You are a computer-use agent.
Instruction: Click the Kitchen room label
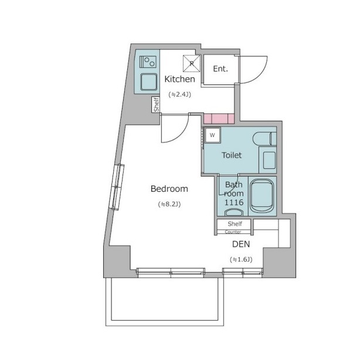tap(179, 79)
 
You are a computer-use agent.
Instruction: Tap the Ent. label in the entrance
tap(220, 69)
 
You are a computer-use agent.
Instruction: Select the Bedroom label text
tap(169, 189)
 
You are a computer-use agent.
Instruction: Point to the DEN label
tap(241, 244)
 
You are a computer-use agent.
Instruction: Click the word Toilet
tap(232, 155)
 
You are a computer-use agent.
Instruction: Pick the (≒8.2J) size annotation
tap(169, 204)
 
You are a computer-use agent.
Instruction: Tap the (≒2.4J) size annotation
tap(180, 94)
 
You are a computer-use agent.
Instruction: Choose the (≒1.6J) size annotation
tap(241, 260)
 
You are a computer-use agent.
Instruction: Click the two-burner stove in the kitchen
tap(148, 62)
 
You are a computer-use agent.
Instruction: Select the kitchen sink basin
tap(149, 81)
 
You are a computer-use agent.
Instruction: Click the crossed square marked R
tap(192, 63)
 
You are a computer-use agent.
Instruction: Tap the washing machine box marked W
tap(212, 135)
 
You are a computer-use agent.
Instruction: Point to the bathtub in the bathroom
tap(261, 196)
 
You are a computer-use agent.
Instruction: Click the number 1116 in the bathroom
tap(234, 202)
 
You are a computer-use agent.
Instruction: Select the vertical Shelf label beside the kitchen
tap(156, 105)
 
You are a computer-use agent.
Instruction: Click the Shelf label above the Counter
tap(235, 223)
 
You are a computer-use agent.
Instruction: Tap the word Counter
tap(233, 232)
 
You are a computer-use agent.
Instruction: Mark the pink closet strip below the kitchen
tap(219, 118)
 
